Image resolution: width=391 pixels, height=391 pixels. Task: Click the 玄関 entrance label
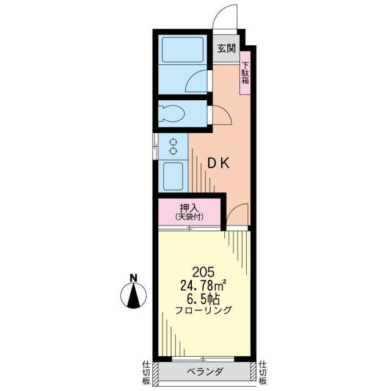coord(227,48)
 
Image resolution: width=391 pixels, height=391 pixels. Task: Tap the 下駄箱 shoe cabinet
coord(245,73)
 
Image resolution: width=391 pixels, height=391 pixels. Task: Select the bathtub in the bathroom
coord(183,49)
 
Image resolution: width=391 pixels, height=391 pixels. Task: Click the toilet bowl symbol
coord(172,114)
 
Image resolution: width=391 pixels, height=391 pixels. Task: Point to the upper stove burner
coord(173,142)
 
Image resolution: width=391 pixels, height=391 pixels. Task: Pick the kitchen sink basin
coord(173,177)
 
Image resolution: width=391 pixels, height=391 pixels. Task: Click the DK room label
coord(219,163)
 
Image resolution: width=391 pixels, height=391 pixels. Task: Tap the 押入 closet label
coord(189,208)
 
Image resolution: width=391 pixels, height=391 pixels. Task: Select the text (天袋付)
coord(189,217)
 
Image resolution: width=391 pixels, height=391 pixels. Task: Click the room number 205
coord(203,272)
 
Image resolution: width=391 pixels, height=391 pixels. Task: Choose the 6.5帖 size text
coord(203,299)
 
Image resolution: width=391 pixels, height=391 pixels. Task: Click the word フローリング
coord(203,310)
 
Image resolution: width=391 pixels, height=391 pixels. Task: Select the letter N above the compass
coord(134,278)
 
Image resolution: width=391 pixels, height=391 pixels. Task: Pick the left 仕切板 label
coord(146,373)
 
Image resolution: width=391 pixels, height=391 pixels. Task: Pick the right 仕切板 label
coord(263,373)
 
